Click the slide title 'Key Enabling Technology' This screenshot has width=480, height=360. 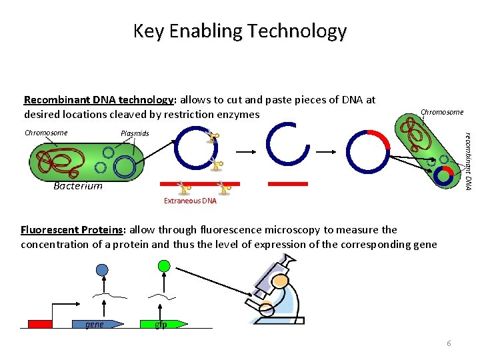(239, 31)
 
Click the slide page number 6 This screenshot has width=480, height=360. (449, 343)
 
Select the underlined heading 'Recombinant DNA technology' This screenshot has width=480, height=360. (98, 100)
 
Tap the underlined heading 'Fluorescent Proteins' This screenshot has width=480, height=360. (72, 230)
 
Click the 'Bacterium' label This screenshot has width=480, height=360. (78, 186)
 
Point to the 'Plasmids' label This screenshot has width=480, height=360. (135, 133)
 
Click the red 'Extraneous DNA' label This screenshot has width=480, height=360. (190, 201)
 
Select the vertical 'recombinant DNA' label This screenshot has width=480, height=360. (469, 157)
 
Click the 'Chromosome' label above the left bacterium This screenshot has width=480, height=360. (45, 133)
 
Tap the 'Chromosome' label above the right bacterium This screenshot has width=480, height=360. (441, 112)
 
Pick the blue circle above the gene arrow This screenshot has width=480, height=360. (101, 269)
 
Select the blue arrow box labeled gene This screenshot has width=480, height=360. (97, 325)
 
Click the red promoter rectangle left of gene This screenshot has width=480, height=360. (40, 325)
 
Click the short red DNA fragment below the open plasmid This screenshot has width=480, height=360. (287, 183)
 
